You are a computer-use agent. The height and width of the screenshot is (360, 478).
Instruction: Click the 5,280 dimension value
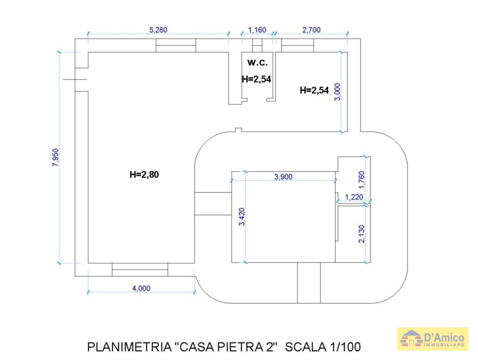coord(158,30)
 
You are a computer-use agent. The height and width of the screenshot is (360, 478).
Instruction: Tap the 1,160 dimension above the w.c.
coord(257,30)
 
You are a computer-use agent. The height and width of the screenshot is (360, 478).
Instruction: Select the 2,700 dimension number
coord(311,30)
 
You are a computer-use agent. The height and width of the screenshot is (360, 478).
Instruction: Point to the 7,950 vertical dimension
coord(56,157)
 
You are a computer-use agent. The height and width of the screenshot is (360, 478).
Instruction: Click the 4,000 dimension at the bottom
coord(141,288)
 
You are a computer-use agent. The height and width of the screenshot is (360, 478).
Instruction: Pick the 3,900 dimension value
coord(283,177)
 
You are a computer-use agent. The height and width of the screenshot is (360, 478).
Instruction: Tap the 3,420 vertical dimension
coord(242,216)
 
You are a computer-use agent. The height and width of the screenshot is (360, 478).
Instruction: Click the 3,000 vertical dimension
coord(337,92)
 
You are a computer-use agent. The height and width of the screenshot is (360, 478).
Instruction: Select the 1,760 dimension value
coord(362,180)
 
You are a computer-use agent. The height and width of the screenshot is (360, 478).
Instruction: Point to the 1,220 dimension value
coord(354,197)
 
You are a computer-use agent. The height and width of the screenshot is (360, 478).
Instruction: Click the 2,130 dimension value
coord(362,234)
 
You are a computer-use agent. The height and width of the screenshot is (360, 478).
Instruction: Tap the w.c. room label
coord(257,62)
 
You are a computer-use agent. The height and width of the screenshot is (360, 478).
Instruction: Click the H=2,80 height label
coord(144,174)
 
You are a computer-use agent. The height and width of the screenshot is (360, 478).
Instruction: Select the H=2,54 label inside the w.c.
coord(256,79)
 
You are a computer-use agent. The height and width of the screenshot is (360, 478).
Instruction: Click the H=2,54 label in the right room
coord(314,90)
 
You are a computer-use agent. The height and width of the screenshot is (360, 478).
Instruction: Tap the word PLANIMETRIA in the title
coord(129,347)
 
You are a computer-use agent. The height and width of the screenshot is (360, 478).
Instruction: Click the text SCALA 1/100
coord(323,347)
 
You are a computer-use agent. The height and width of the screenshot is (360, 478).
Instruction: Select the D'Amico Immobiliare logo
coord(433,339)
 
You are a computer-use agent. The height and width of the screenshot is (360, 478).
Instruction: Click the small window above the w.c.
coord(257,45)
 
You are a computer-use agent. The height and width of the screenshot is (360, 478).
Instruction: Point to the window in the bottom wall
coord(140,270)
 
